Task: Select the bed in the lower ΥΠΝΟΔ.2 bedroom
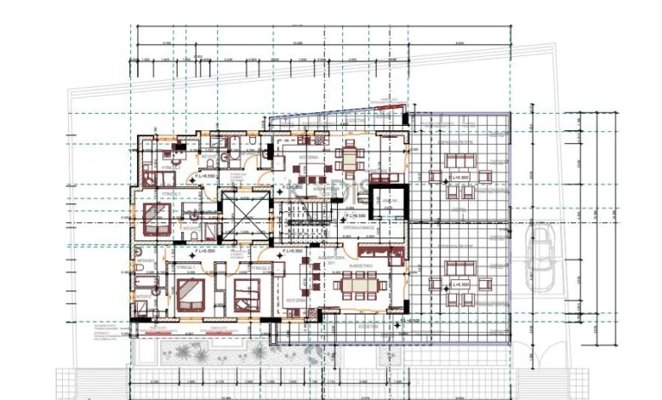[244, 293]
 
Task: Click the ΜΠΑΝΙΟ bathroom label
[145, 258]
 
